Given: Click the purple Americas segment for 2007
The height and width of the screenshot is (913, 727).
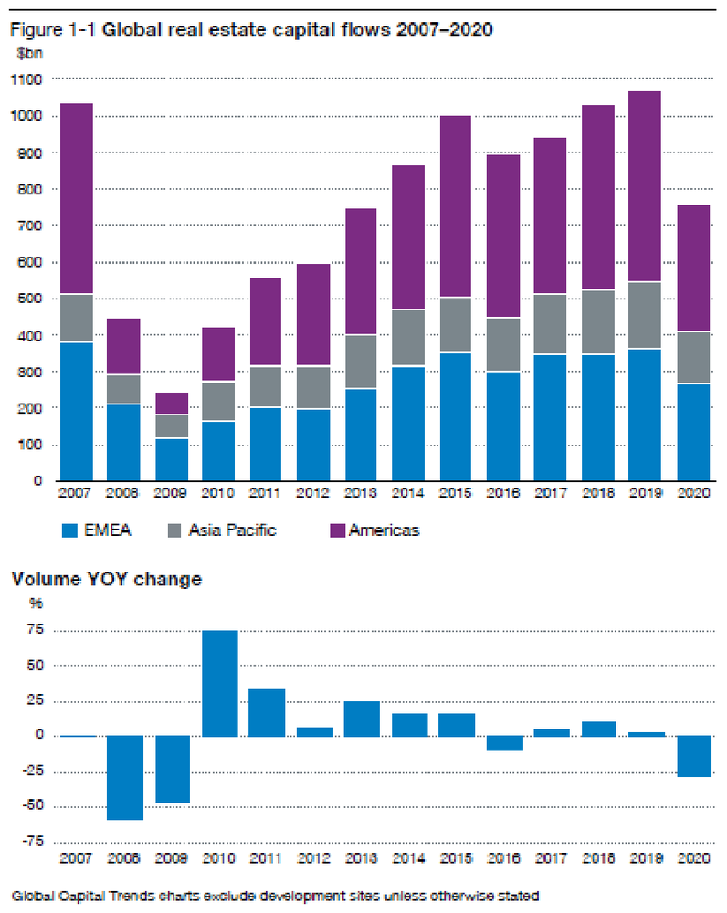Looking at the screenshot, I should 76,198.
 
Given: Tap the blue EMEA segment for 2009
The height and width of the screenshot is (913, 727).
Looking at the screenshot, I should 171,459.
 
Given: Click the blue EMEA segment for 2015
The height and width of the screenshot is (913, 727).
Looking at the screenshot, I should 456,416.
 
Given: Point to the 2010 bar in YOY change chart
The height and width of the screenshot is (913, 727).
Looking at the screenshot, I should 218,683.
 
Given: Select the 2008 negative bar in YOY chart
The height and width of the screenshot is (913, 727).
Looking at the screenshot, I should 123,778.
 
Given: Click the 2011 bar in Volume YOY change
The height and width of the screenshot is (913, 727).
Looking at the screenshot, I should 266,712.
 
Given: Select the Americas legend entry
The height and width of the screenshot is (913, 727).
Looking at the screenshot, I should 383,530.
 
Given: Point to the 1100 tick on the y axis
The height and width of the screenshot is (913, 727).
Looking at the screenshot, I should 26,79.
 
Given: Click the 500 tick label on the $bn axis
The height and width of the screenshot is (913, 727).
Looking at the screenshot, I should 29,299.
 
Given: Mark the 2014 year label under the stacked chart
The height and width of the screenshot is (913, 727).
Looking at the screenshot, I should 408,494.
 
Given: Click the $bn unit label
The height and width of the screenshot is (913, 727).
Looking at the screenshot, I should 28,53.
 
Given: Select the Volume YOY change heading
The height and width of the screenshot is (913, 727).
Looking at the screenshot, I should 105,578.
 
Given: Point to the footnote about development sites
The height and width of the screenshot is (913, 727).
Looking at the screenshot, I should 274,896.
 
